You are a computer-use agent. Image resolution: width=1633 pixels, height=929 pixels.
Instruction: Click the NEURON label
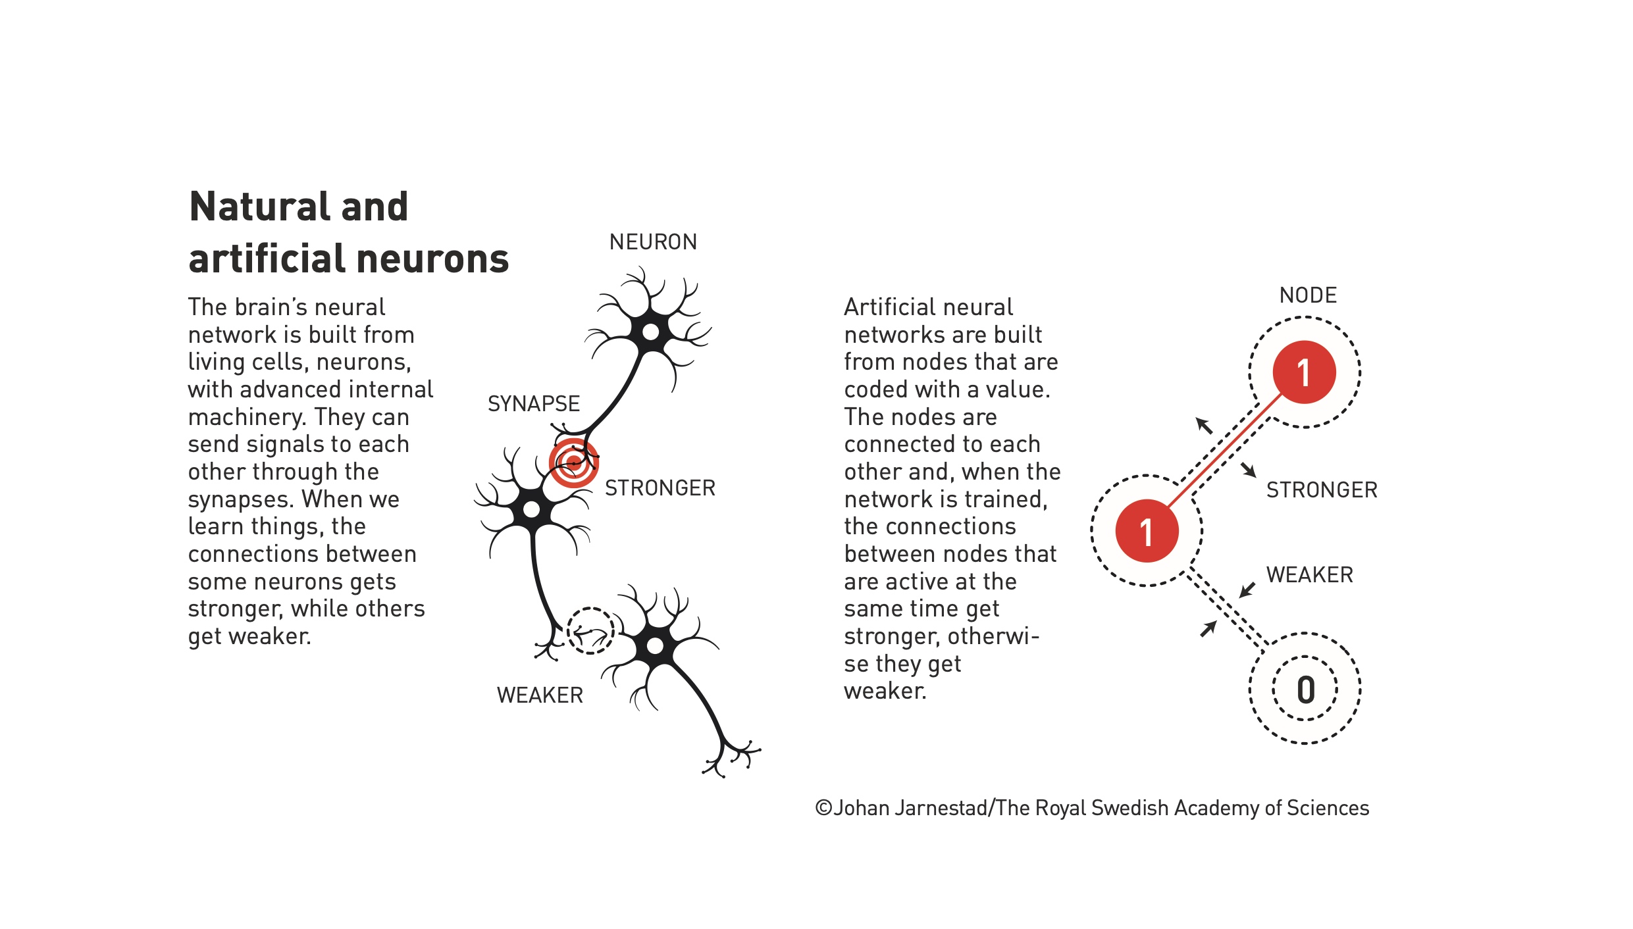(653, 242)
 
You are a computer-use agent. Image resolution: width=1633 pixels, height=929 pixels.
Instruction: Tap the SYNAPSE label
(534, 403)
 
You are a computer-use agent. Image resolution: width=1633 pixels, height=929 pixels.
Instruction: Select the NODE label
(1308, 295)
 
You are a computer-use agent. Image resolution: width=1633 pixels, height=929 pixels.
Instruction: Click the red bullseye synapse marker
(574, 463)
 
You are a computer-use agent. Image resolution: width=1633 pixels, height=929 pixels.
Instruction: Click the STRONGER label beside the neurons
(660, 488)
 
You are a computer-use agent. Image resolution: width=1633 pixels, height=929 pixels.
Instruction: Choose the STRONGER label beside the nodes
(1322, 490)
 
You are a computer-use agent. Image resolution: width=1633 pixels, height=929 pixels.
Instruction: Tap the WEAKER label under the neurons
(540, 695)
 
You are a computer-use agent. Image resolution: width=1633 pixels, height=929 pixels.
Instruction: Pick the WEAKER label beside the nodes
(1310, 575)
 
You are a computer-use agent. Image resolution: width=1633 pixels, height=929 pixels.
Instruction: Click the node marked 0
(1305, 689)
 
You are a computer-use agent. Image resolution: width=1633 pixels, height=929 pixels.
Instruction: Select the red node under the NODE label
(1305, 372)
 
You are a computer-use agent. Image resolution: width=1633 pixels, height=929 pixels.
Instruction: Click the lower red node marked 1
(1147, 531)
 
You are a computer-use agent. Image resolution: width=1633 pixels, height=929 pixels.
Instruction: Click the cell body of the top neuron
(650, 332)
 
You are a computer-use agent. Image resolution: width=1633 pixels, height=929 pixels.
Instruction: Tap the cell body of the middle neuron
(532, 509)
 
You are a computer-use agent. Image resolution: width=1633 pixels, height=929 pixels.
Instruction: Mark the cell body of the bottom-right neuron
(655, 646)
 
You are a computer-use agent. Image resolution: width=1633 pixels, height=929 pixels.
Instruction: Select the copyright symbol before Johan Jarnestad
(823, 808)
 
